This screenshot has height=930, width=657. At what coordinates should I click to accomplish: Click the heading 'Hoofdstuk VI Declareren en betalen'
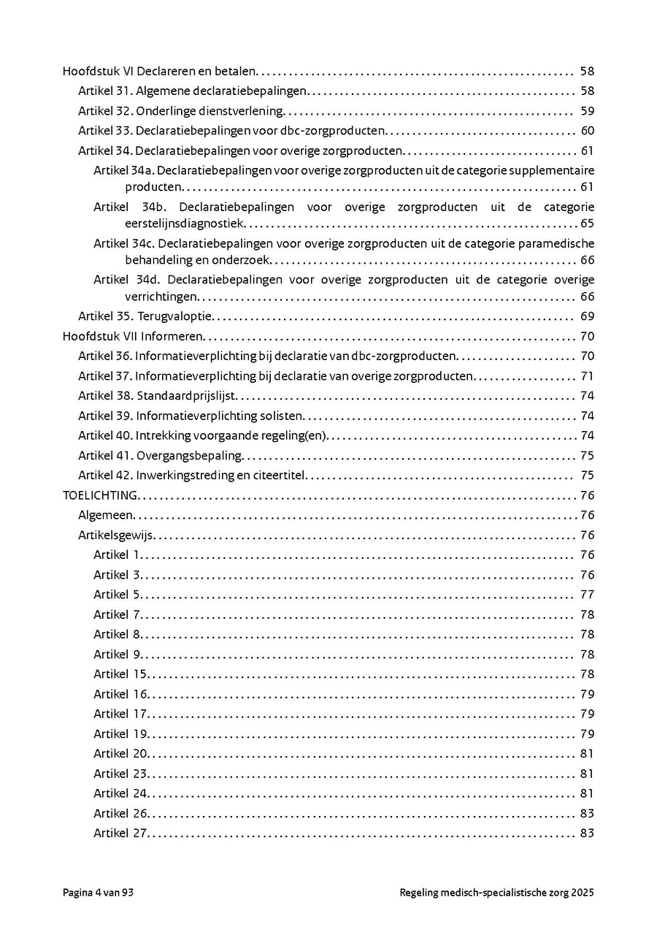(x=160, y=72)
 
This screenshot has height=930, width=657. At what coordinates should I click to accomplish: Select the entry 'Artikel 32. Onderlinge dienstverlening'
(x=180, y=112)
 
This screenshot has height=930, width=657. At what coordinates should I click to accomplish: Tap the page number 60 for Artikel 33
(x=587, y=132)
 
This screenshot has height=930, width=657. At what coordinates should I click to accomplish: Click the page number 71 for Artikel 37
(x=587, y=376)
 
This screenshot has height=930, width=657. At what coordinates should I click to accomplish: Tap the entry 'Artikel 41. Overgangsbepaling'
(x=160, y=456)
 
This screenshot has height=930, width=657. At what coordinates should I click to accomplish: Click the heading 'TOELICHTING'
(x=99, y=495)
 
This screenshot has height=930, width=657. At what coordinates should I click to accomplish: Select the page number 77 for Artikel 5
(x=587, y=595)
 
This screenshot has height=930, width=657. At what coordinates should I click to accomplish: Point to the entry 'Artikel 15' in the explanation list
(x=120, y=674)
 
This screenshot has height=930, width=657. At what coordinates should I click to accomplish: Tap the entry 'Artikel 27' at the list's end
(x=120, y=834)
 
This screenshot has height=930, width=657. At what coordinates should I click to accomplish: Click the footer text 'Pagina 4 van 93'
(x=98, y=893)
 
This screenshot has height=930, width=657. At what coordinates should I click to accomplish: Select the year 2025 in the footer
(x=583, y=893)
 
